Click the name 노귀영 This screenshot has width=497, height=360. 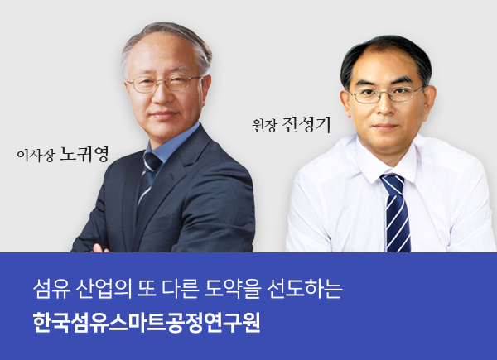[84, 154]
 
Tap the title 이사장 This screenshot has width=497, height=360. [36, 156]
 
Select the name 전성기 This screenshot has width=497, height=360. [306, 125]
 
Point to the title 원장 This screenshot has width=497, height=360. [265, 126]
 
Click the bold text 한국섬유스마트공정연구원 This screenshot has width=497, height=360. [147, 323]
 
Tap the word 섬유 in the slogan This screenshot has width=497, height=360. [51, 289]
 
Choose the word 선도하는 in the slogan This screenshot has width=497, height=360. [305, 289]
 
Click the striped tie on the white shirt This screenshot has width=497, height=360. [396, 212]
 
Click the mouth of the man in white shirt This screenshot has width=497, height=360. [386, 126]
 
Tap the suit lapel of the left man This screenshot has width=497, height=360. [177, 177]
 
